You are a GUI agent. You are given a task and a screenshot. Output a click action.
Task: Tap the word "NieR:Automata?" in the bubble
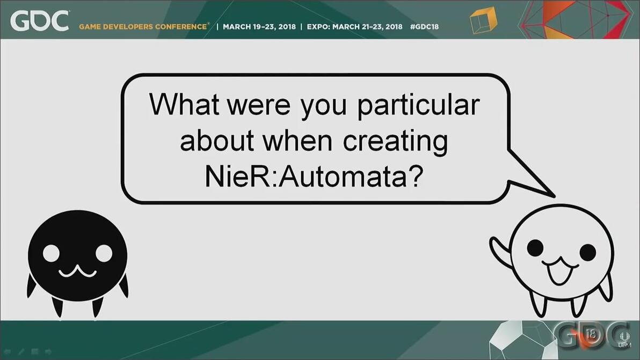tap(314, 176)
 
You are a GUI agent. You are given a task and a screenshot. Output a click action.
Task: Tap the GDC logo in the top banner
tap(40, 21)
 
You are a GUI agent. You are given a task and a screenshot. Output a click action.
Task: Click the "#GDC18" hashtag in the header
tap(424, 26)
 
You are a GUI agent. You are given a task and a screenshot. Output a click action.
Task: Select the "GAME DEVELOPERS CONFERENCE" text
tap(143, 26)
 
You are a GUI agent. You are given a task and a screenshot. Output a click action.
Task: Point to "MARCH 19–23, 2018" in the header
tap(259, 26)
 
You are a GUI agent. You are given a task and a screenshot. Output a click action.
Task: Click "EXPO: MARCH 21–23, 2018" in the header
tap(354, 26)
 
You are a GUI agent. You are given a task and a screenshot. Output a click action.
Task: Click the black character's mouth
tap(77, 271)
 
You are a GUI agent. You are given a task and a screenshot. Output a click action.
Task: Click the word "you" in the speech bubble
tap(323, 107)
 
